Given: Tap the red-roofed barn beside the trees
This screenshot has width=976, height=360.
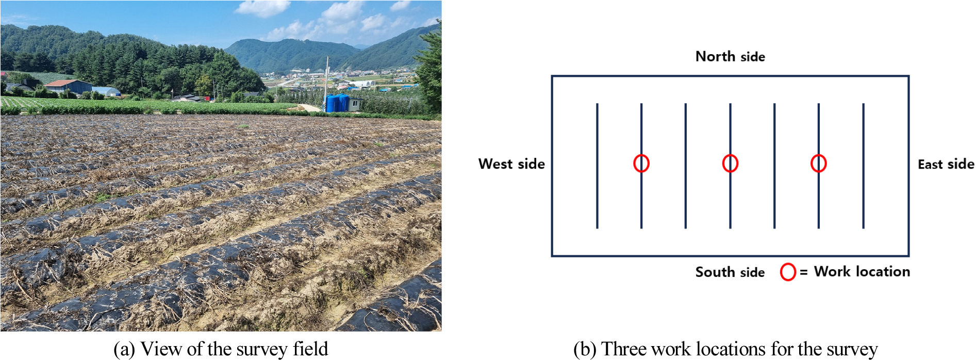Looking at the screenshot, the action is pos(68,86).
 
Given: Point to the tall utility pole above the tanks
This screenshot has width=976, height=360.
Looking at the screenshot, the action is pos(327,83).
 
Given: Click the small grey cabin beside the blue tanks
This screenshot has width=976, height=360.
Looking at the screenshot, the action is pos(355,104).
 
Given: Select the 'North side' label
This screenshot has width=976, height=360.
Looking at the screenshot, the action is pos(730,57).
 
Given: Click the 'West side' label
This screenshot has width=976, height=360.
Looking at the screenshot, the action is pos(511,164).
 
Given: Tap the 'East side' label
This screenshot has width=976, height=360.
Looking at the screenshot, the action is pos(946,165).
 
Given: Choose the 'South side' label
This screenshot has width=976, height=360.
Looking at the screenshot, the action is pos(730,272).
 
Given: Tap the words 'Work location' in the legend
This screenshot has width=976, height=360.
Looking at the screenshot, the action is pos(862,272).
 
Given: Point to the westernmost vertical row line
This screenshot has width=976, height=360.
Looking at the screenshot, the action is pos(597,166).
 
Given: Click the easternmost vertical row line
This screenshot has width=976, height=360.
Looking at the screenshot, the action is pos(863,166).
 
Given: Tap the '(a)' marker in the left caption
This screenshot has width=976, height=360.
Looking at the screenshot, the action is pos(124,349).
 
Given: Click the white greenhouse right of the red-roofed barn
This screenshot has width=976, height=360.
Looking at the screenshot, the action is pos(106,92).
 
